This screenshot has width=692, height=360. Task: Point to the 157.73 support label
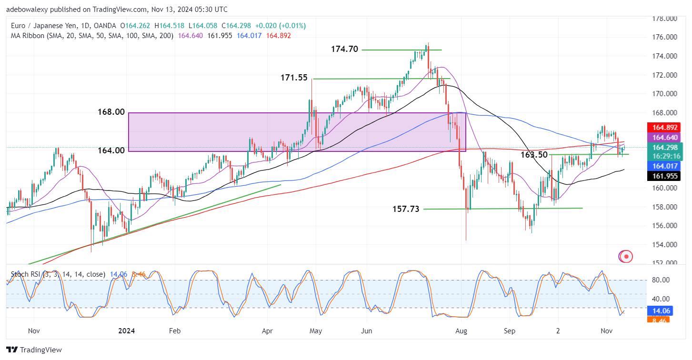[406, 209]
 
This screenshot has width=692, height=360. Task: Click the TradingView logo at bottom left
[34, 350]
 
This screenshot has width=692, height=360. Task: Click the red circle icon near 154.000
[627, 256]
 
